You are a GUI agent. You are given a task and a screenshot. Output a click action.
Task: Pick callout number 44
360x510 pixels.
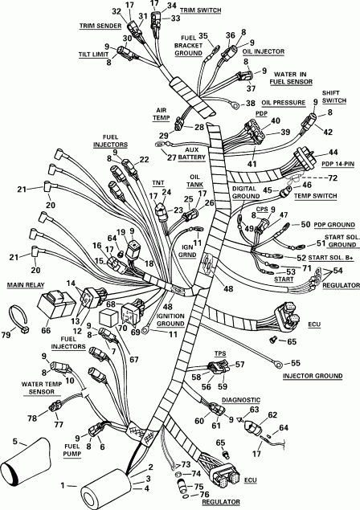click(333, 153)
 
